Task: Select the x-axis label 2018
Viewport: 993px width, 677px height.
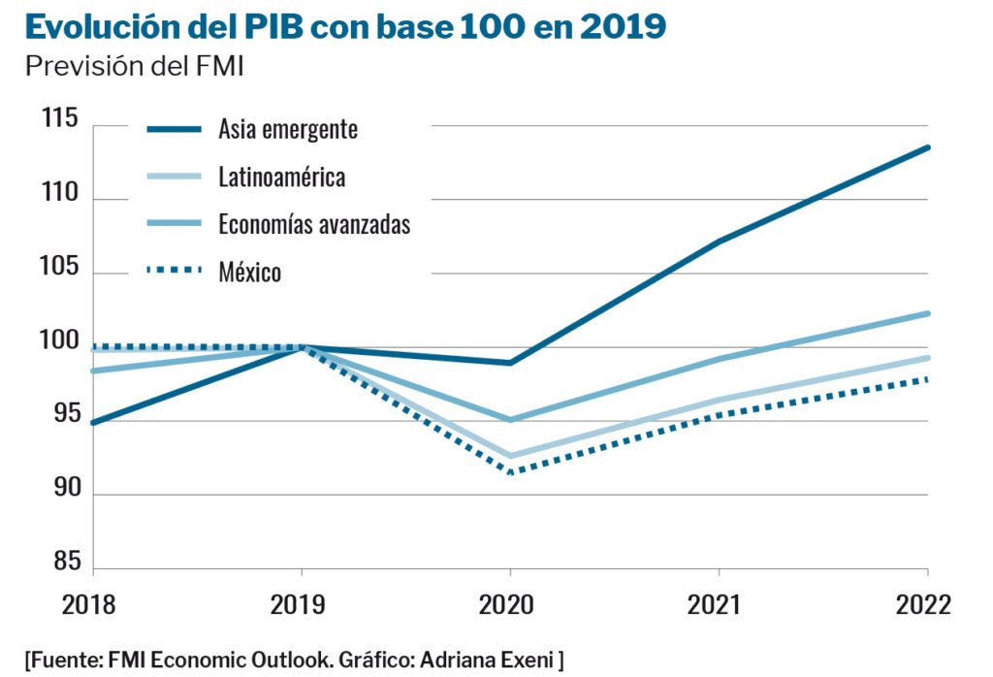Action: tap(90, 606)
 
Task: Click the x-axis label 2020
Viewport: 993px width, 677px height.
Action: tap(507, 606)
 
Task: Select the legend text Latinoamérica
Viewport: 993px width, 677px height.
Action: tap(281, 177)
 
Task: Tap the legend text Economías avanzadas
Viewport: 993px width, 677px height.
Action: tap(314, 225)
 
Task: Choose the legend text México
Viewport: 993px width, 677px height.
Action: tap(249, 273)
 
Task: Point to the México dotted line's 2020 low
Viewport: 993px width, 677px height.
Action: tap(510, 472)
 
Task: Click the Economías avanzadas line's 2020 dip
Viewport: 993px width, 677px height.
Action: tap(510, 420)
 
